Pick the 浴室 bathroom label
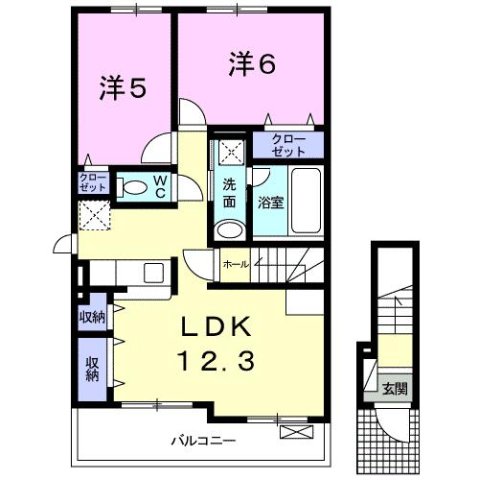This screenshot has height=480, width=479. [x=270, y=201]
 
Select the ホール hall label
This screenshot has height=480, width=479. [x=236, y=264]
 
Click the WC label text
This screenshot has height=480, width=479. [x=158, y=186]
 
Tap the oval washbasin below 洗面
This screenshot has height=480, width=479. [x=230, y=229]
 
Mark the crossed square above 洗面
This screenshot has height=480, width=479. [x=231, y=153]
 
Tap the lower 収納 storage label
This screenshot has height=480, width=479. [x=91, y=370]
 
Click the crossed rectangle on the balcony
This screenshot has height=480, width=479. [x=298, y=432]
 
